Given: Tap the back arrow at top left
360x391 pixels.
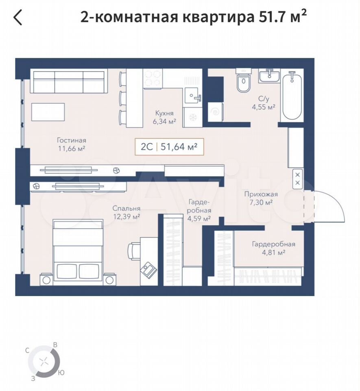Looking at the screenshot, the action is click(18, 17).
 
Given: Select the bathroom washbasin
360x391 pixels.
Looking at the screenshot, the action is click(269, 76).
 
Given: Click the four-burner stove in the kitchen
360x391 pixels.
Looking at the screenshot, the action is click(153, 79).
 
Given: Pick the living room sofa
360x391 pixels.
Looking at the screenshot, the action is click(69, 81).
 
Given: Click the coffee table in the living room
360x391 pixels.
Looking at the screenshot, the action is click(48, 112).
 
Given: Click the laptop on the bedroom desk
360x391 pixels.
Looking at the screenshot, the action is click(148, 269).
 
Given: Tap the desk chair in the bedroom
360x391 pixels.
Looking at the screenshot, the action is click(134, 251).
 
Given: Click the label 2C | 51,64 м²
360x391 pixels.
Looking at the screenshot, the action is click(169, 147).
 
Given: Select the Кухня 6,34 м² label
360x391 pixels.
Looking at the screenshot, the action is click(164, 117).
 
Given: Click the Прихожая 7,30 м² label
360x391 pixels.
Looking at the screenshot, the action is click(261, 198).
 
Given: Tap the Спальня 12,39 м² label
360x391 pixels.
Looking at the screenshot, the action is click(127, 212).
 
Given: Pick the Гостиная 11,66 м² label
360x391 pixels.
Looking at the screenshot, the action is click(72, 144).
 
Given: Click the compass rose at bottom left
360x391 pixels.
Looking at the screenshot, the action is click(44, 361).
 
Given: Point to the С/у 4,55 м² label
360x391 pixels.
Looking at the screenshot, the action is click(264, 103).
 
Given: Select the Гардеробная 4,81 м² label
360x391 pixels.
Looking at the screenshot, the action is click(274, 248).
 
